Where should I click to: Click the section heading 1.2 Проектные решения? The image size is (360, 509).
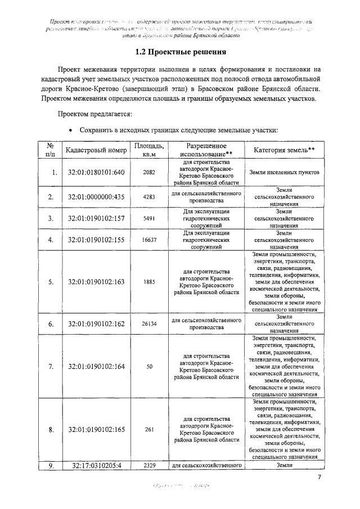(x=181, y=53)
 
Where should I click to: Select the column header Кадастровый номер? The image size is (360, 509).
(x=96, y=151)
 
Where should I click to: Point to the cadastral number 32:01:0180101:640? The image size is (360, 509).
(x=96, y=172)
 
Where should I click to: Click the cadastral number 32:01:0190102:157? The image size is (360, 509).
(x=96, y=218)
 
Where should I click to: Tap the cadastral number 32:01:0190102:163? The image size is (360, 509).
(x=96, y=282)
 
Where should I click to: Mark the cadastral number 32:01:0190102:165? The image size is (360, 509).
(x=96, y=430)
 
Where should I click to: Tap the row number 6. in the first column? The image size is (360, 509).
(x=51, y=324)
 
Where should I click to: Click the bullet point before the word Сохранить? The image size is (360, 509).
(x=70, y=130)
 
